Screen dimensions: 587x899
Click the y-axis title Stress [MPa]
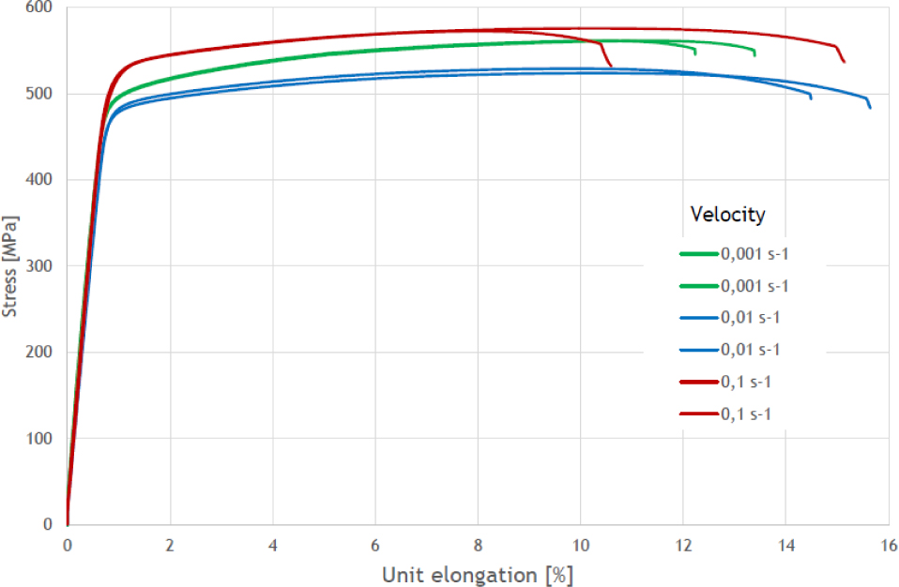pyautogui.click(x=10, y=266)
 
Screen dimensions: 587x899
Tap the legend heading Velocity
pyautogui.click(x=727, y=215)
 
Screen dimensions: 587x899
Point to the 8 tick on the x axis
pyautogui.click(x=478, y=545)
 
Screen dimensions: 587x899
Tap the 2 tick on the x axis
pyautogui.click(x=170, y=545)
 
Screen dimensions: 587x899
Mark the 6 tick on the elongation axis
pyautogui.click(x=375, y=545)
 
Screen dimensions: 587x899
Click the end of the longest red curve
pyautogui.click(x=845, y=62)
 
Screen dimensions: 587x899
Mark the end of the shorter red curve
pyautogui.click(x=611, y=66)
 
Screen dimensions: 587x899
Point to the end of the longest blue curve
pyautogui.click(x=870, y=108)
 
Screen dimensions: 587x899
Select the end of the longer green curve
pyautogui.click(x=754, y=54)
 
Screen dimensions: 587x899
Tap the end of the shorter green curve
pyautogui.click(x=694, y=53)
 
